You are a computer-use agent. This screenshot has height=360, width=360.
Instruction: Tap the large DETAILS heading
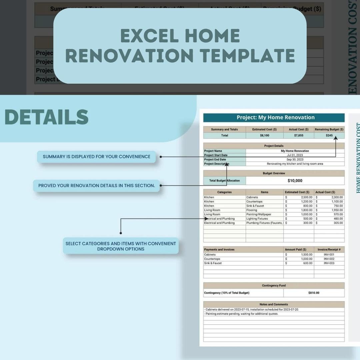47,117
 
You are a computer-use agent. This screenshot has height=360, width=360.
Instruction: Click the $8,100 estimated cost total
265,136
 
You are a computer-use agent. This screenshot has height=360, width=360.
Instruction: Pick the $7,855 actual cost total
299,136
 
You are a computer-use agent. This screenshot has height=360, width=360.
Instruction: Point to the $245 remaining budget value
329,136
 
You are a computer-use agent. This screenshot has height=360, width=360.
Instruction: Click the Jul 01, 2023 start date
295,155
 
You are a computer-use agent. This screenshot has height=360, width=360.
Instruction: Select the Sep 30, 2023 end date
295,160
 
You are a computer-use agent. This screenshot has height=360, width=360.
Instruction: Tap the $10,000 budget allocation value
295,181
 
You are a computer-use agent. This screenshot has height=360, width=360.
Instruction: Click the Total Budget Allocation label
224,181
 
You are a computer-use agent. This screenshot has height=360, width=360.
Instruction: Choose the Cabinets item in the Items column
252,197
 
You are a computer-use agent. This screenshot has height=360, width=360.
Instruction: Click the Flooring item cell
252,210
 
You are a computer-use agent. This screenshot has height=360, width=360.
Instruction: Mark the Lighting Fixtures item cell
257,219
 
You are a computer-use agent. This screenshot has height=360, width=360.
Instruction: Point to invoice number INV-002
329,259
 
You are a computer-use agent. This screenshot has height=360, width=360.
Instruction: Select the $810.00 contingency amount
314,293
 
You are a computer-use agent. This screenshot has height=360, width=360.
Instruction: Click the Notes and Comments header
274,304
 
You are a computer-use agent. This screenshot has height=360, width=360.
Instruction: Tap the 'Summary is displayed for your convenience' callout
96,157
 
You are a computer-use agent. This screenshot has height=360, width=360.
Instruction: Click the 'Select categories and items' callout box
121,246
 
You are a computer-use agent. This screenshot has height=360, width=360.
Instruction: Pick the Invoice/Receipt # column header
329,249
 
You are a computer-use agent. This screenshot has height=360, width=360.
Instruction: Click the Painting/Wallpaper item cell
259,214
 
